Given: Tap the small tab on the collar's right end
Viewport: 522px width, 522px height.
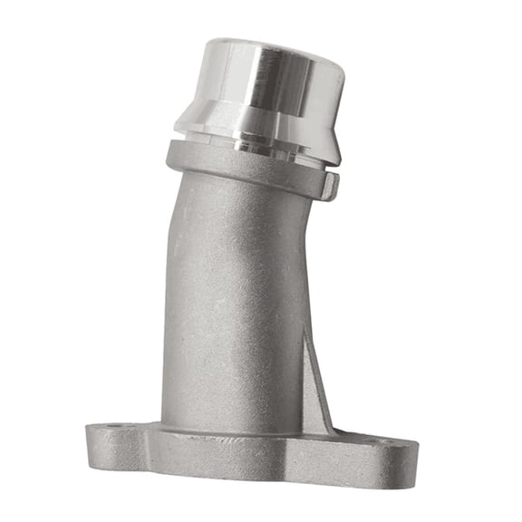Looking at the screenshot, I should (x=331, y=187).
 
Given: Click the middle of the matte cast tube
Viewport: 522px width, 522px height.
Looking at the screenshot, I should (x=231, y=308).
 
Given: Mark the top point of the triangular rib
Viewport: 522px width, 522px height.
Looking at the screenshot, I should (x=309, y=331).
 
